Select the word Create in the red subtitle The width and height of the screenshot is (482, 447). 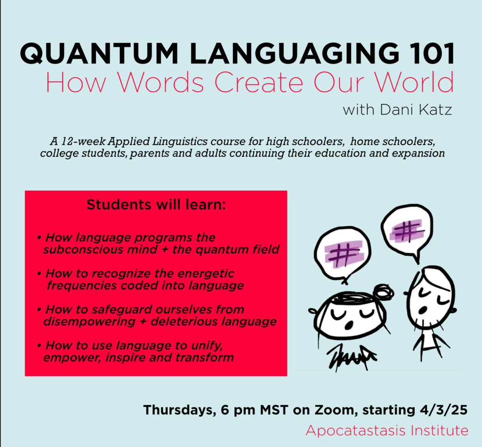(x=259, y=82)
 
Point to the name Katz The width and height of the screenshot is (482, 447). (x=435, y=110)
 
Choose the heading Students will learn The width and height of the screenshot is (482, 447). (x=156, y=204)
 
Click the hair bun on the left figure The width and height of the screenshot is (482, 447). (x=383, y=292)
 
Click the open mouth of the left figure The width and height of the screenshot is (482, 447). (x=349, y=325)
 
